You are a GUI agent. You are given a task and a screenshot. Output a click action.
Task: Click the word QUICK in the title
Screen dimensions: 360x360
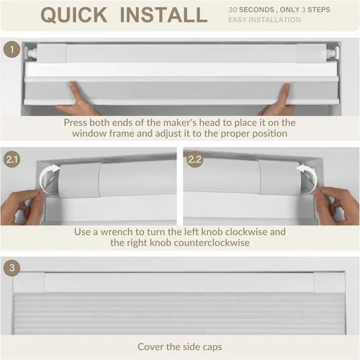[74, 15]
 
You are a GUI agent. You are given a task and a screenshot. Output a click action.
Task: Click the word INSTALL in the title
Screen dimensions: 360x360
[163, 15]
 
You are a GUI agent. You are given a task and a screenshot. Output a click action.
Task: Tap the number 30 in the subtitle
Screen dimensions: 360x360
[233, 9]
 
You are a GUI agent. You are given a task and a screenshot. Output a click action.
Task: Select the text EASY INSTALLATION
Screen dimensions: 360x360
[264, 19]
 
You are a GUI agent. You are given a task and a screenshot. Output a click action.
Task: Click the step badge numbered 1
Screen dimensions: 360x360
[12, 50]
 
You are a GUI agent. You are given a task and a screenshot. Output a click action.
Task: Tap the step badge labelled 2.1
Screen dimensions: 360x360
[12, 159]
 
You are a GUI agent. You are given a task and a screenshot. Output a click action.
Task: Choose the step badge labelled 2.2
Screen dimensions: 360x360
[195, 159]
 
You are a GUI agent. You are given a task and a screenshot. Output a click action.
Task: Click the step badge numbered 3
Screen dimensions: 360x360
[12, 268]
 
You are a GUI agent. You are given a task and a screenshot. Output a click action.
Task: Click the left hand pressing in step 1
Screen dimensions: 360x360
[77, 101]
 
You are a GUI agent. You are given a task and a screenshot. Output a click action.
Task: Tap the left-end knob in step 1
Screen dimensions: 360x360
[30, 53]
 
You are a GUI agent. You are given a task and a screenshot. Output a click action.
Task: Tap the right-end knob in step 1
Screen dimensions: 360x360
[333, 52]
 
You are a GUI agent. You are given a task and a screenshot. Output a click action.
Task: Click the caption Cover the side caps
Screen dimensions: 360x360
[180, 347]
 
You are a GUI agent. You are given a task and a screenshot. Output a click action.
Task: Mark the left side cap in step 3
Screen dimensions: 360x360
[29, 282]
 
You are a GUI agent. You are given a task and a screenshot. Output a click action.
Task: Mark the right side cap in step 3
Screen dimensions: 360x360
[329, 282]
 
